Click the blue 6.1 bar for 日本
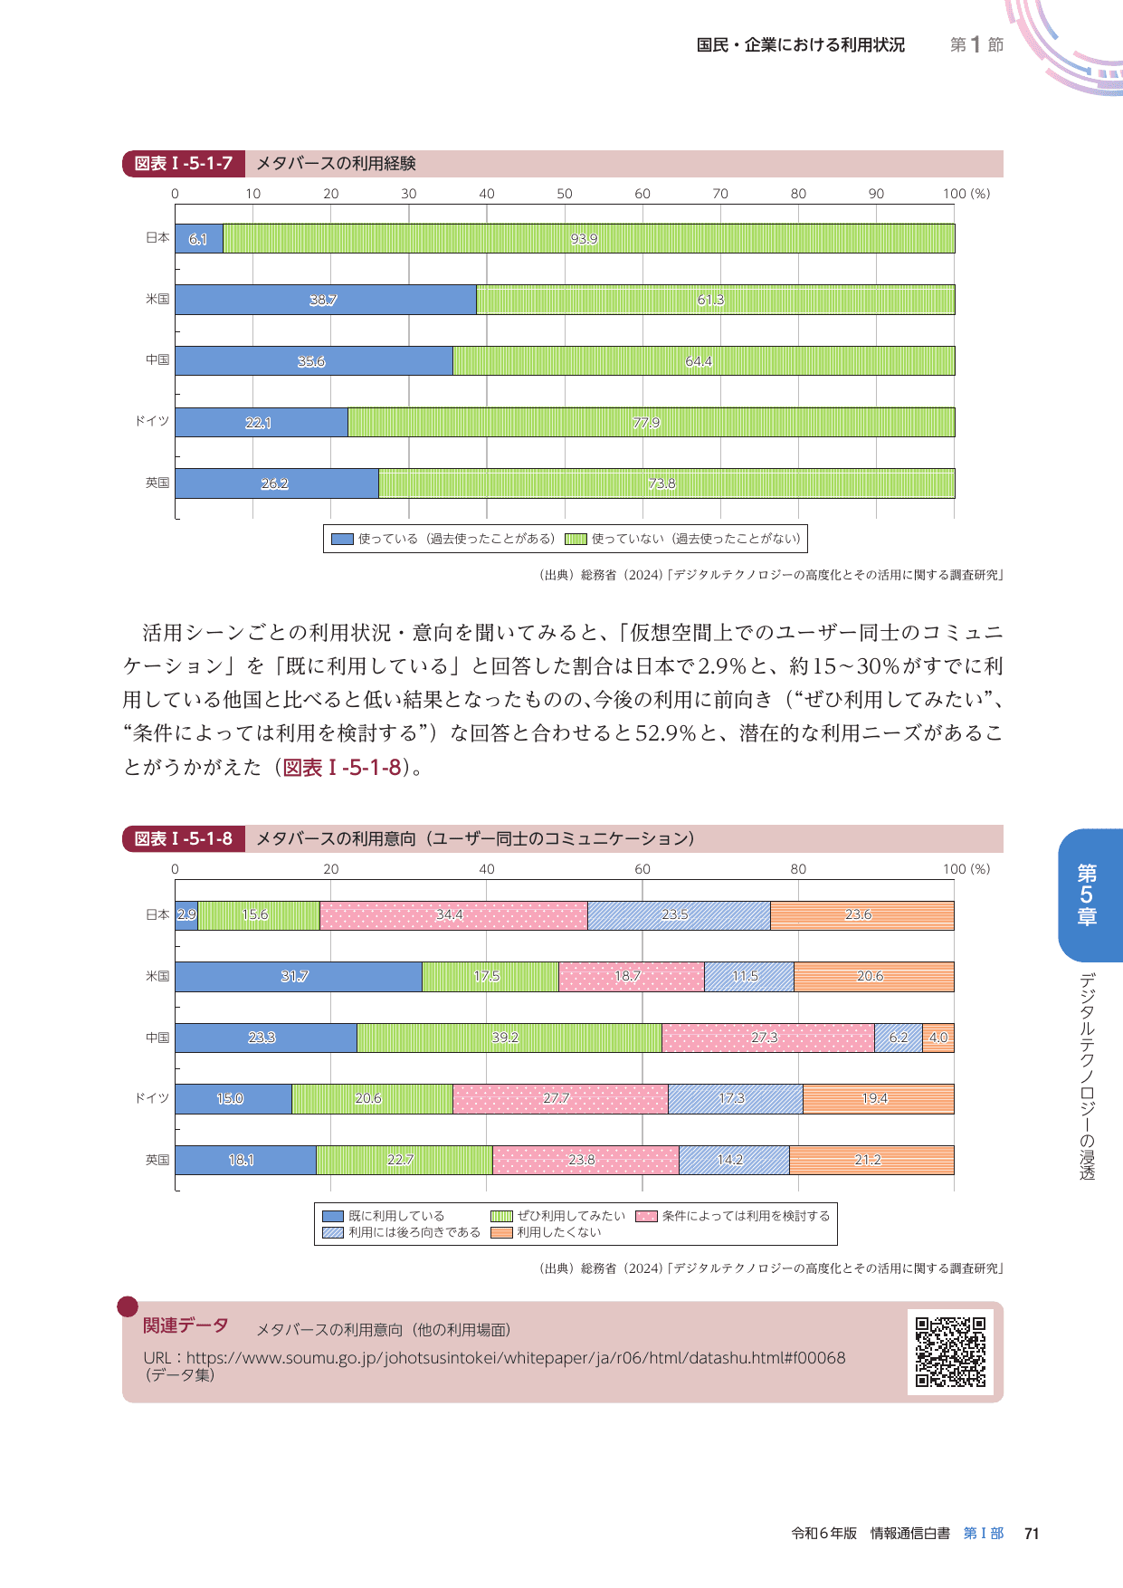[199, 238]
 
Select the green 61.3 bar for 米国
[715, 300]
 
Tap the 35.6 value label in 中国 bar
[311, 361]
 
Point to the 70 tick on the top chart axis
[720, 194]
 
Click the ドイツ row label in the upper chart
[152, 421]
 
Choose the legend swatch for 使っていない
[576, 539]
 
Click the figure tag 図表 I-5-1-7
[184, 164]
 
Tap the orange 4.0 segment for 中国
[938, 1038]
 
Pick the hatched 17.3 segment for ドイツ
[734, 1098]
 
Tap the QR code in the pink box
[950, 1352]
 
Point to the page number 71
[1032, 1533]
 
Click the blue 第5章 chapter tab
[1088, 894]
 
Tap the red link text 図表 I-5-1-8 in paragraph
[342, 768]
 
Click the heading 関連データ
[186, 1325]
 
